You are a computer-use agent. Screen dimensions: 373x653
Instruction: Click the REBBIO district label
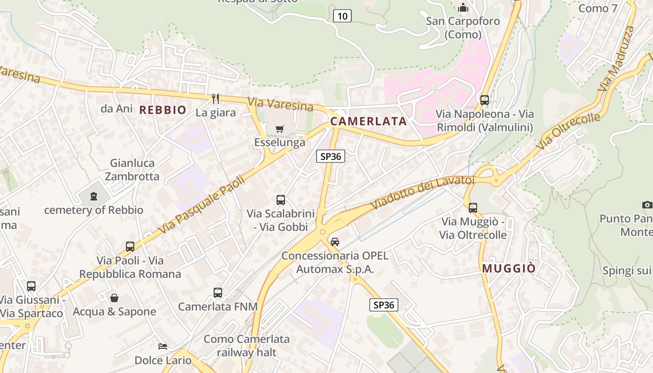[x=163, y=111]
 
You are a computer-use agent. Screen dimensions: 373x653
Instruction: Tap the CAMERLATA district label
[x=368, y=122]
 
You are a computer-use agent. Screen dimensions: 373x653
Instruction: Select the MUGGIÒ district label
[x=509, y=269]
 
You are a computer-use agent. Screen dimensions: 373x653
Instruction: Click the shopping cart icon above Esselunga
[x=280, y=129]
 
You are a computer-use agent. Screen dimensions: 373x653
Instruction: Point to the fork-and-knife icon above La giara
[x=215, y=98]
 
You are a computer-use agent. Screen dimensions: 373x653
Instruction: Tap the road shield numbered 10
[x=342, y=16]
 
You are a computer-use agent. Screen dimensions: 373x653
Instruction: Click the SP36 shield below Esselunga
[x=331, y=156]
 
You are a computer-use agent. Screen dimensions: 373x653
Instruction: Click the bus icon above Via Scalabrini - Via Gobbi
[x=281, y=200]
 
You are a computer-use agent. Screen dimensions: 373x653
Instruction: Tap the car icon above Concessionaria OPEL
[x=334, y=242]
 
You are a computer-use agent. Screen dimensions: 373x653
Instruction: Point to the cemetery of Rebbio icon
[x=94, y=196]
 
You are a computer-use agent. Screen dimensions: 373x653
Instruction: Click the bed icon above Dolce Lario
[x=163, y=346]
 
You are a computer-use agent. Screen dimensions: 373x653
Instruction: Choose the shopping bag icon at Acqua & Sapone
[x=114, y=297]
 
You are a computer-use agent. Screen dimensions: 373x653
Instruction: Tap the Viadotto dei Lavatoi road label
[x=423, y=192]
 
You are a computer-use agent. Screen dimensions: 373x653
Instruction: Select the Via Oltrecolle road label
[x=568, y=131]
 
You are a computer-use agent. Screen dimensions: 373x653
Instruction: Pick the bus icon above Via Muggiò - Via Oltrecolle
[x=473, y=207]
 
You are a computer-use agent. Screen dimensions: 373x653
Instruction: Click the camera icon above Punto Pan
[x=647, y=205]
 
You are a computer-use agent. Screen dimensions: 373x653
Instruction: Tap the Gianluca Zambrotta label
[x=132, y=170]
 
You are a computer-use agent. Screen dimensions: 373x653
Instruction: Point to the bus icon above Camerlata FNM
[x=218, y=292]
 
